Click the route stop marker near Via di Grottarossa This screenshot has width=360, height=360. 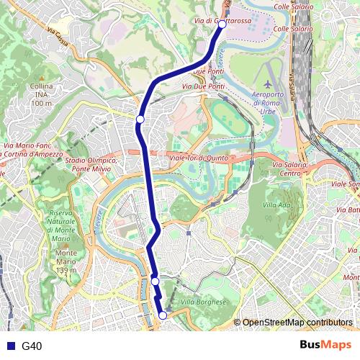click(222, 24)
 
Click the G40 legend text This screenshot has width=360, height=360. click(32, 346)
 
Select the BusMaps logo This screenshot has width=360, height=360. click(320, 345)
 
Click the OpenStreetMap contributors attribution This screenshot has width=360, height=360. click(297, 322)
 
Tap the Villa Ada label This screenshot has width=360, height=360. click(276, 204)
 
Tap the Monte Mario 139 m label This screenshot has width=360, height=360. click(66, 261)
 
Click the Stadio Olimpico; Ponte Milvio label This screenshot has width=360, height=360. click(91, 164)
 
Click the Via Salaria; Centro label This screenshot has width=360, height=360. click(290, 169)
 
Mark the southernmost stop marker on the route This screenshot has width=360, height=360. click(163, 315)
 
